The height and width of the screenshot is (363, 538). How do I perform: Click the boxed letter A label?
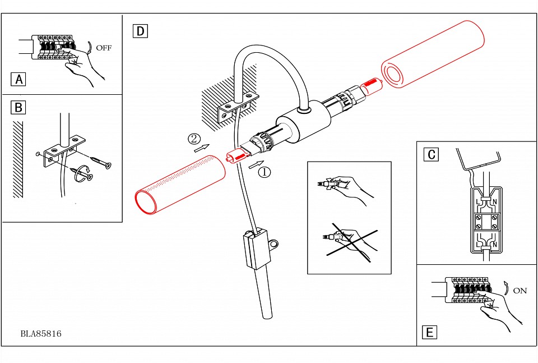tap(18, 79)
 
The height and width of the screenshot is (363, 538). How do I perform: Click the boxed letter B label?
tap(18, 107)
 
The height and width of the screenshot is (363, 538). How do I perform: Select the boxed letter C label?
tap(430, 154)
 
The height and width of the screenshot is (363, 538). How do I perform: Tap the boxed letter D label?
tap(140, 31)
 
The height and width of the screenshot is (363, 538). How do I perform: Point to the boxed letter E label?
tap(429, 333)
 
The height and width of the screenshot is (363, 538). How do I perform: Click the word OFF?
tap(104, 48)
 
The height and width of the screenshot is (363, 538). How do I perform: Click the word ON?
tap(520, 291)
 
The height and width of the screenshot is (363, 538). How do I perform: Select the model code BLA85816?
tap(41, 334)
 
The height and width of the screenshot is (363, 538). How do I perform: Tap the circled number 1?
tap(264, 172)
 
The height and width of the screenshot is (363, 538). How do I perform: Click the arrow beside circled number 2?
tap(201, 148)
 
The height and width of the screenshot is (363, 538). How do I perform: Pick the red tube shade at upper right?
tap(432, 54)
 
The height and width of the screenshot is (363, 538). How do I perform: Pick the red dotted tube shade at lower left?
tap(179, 185)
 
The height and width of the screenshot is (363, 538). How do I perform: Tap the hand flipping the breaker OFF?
tap(84, 65)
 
